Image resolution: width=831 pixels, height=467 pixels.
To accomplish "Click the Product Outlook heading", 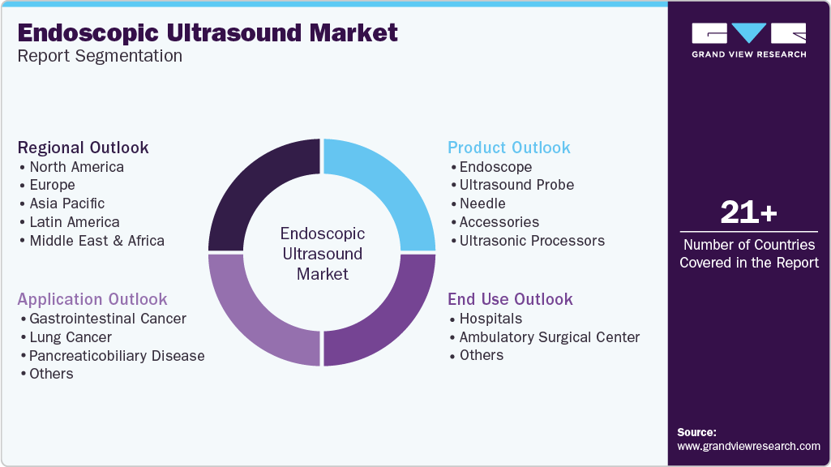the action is (x=509, y=148).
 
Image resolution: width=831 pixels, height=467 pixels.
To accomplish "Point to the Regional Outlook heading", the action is (x=84, y=148).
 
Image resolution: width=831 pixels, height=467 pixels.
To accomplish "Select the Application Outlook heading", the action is (x=92, y=299).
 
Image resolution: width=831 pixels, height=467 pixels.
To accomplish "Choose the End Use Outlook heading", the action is (x=510, y=299).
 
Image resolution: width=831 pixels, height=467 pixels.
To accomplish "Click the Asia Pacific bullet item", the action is (x=66, y=204).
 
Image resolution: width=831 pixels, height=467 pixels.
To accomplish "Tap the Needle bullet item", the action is (x=482, y=204).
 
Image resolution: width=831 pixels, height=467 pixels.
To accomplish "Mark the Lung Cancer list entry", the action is (x=71, y=337).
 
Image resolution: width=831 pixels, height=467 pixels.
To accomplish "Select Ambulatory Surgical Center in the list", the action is (x=550, y=337).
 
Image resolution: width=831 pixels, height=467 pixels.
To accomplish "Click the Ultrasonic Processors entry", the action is (x=532, y=241).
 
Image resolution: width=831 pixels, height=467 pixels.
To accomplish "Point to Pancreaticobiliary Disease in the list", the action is (x=117, y=356).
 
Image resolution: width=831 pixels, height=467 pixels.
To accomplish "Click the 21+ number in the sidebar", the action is (x=749, y=212).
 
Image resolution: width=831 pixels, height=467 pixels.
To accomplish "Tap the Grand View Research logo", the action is (x=749, y=41).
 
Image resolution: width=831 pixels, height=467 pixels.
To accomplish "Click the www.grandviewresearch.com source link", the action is (x=748, y=447).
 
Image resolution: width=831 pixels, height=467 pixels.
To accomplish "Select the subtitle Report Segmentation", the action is (x=100, y=56).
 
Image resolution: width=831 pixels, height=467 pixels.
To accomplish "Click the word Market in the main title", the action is (x=353, y=33).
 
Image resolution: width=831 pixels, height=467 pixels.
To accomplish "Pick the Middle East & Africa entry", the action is (x=97, y=241).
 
